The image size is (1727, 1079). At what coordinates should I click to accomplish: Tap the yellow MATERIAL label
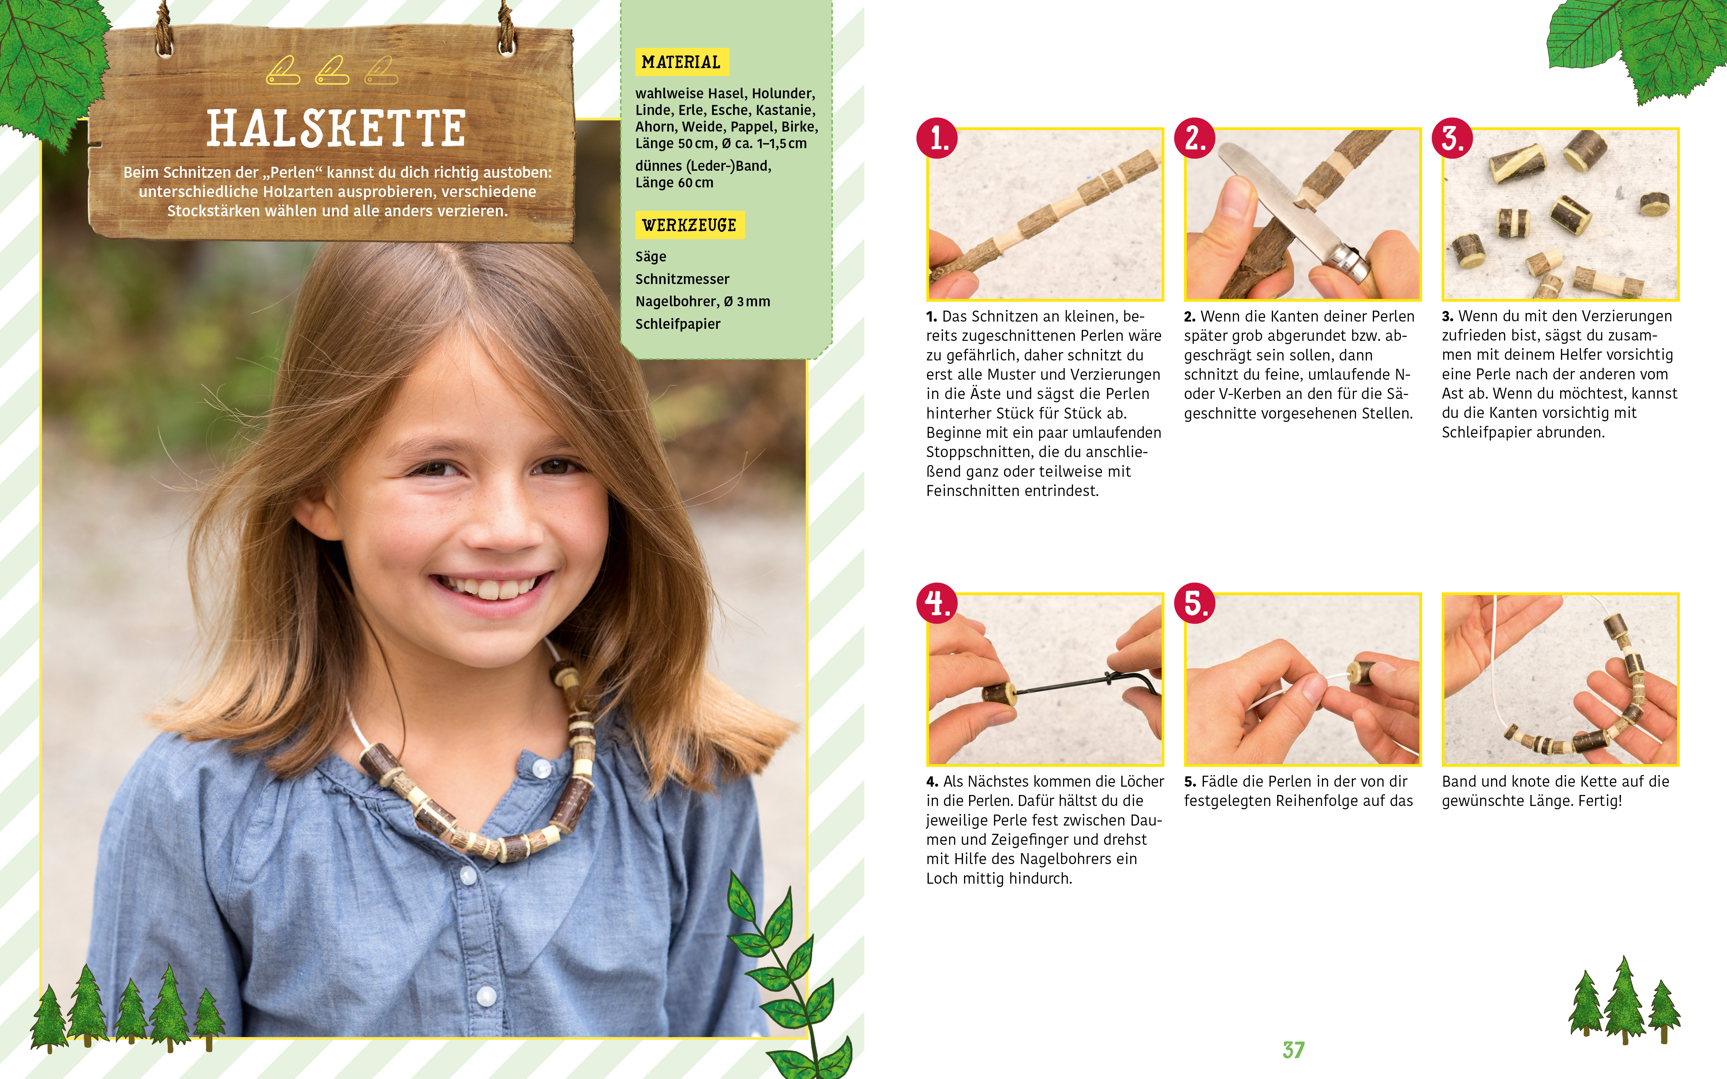click(682, 62)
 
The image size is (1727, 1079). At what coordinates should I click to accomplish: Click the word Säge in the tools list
click(651, 256)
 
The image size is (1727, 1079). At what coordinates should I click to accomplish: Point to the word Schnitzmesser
click(682, 279)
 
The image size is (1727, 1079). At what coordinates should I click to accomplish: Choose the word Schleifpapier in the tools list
click(678, 324)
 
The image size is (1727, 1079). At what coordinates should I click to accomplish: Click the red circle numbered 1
click(937, 139)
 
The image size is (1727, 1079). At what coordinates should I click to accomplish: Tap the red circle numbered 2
click(1195, 139)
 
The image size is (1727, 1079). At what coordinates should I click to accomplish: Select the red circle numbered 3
click(1452, 139)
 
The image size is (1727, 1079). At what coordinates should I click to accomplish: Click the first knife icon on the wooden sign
click(283, 71)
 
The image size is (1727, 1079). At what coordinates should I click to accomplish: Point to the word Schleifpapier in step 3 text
click(1484, 433)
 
